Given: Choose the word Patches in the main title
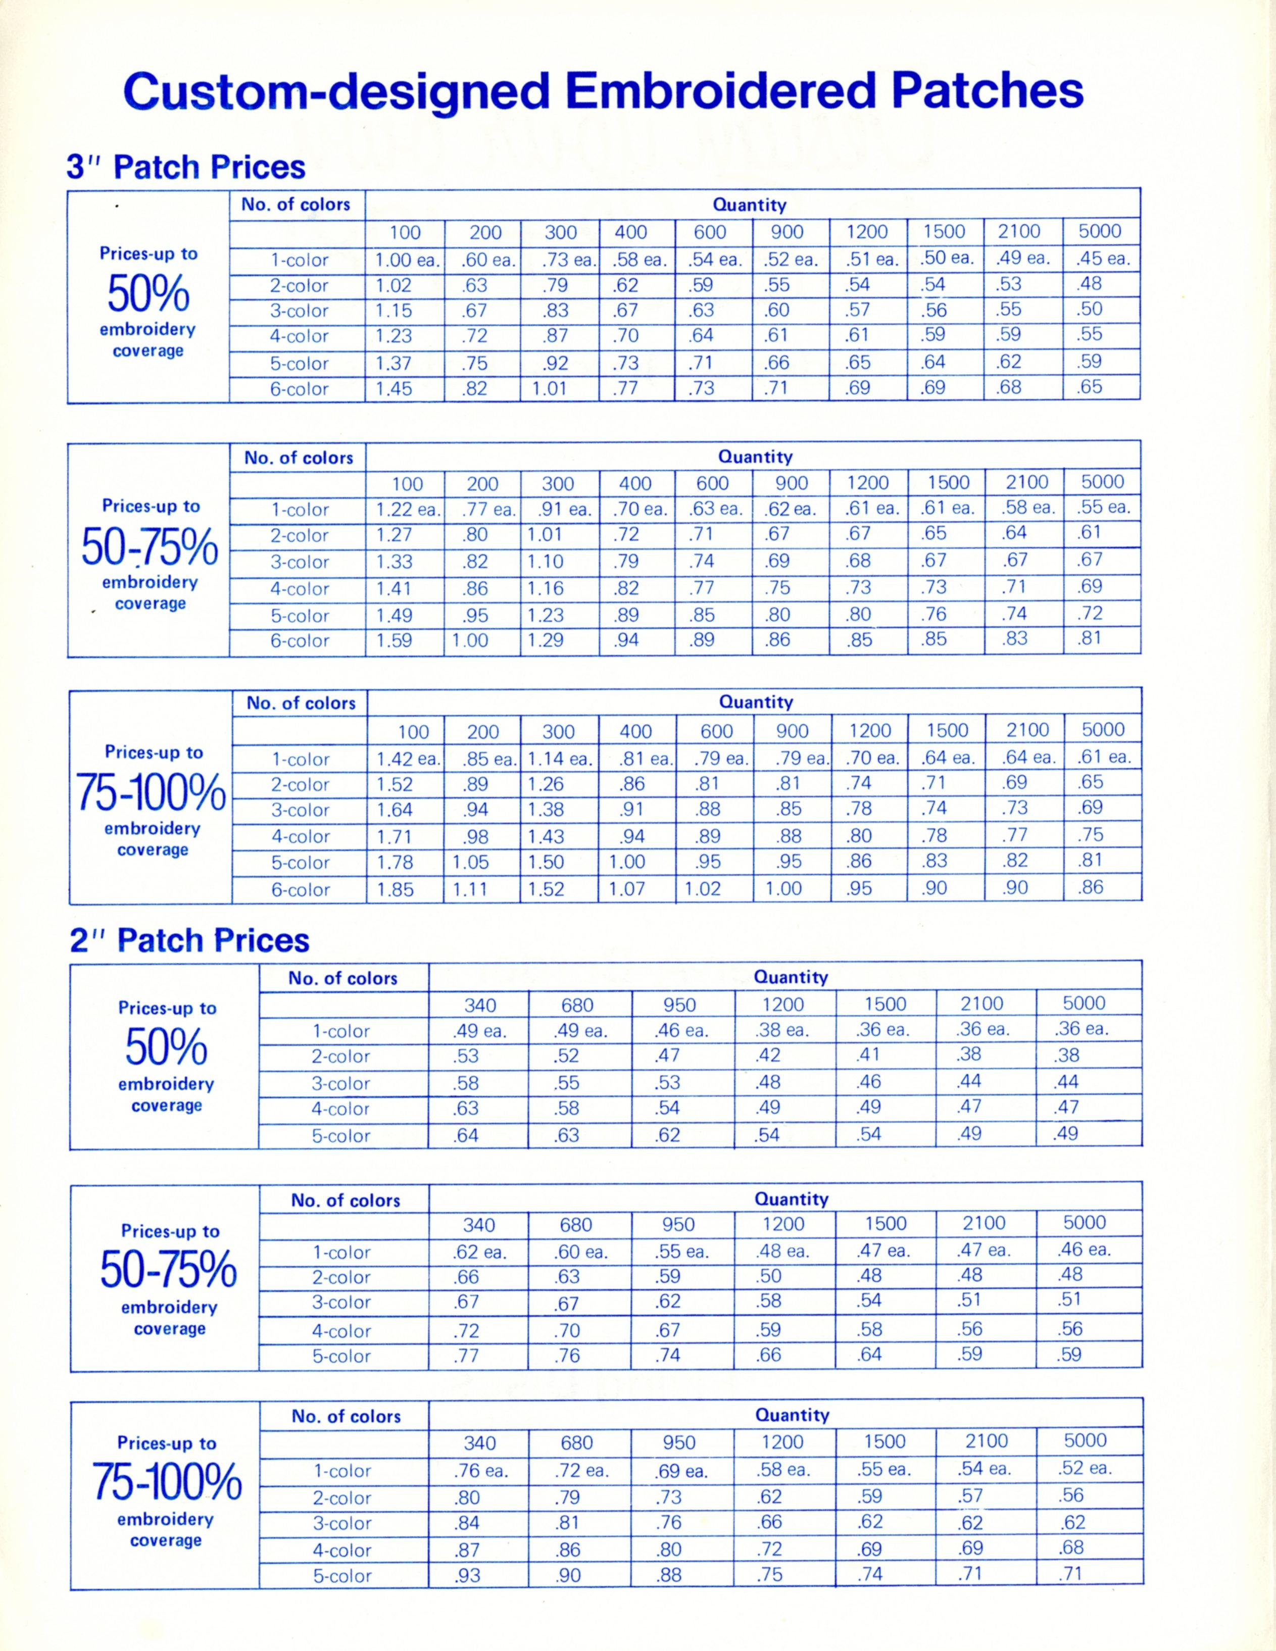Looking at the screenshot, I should coord(987,91).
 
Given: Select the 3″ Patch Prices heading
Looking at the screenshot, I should coord(186,167).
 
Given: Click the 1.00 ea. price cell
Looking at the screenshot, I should coord(407,260).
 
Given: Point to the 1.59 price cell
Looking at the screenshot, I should coord(394,640).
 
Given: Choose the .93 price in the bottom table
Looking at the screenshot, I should coord(468,1576).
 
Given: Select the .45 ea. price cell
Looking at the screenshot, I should coord(1103,259).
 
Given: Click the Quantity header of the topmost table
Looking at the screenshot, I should coord(749,205).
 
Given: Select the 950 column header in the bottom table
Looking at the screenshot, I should coord(679,1442).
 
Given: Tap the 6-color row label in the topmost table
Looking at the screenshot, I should coord(300,389).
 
